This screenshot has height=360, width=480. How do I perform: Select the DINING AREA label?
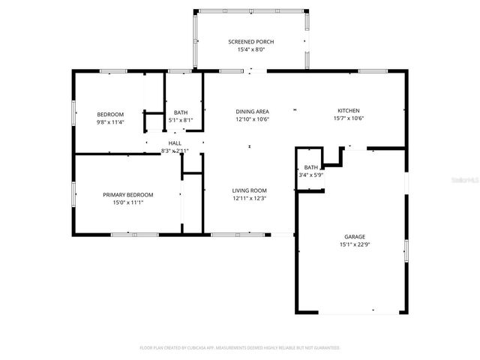252,110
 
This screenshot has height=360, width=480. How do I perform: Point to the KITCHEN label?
349,110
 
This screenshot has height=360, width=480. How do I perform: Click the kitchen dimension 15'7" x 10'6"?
349,118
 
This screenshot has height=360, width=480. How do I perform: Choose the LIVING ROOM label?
249,190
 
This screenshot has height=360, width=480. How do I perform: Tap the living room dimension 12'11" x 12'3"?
249,199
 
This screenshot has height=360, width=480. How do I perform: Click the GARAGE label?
355,236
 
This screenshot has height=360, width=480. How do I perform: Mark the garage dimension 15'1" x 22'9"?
355,244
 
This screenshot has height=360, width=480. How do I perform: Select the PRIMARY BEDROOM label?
127,194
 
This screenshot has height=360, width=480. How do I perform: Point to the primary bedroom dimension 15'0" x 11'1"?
127,202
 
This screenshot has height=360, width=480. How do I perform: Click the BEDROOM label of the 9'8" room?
110,114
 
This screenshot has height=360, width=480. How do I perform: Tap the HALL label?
174,142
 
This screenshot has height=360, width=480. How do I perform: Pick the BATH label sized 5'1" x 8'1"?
181,112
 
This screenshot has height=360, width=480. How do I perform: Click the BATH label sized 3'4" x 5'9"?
311,167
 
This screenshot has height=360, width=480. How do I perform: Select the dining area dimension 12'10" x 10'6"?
252,118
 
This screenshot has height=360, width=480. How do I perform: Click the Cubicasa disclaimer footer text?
240,348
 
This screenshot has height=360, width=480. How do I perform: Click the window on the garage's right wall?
406,250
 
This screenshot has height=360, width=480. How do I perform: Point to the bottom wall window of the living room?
238,235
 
